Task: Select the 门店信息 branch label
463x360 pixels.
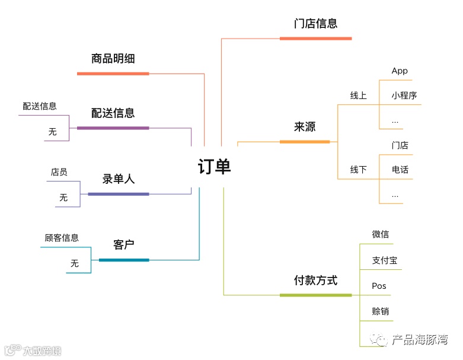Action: [315, 24]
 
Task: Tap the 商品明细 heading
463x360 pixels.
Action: [113, 58]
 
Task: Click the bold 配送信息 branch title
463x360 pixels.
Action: [113, 113]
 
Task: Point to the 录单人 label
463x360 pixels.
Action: [119, 179]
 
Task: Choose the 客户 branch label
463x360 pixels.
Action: [123, 244]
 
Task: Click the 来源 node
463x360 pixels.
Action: [305, 126]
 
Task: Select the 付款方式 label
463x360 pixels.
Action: [315, 280]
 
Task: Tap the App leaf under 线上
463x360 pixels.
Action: [400, 71]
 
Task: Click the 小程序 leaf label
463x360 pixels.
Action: [404, 95]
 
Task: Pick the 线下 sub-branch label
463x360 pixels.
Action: [358, 170]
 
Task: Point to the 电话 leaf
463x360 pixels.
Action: [400, 170]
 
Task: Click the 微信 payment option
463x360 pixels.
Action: [380, 234]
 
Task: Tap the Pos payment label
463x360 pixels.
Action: [379, 286]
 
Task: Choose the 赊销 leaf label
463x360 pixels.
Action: [380, 311]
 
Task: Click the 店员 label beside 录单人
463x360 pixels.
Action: [59, 172]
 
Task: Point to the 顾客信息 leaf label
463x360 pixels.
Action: [62, 238]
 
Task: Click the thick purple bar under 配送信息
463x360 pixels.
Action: [113, 128]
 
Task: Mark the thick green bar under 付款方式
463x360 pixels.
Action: [315, 295]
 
